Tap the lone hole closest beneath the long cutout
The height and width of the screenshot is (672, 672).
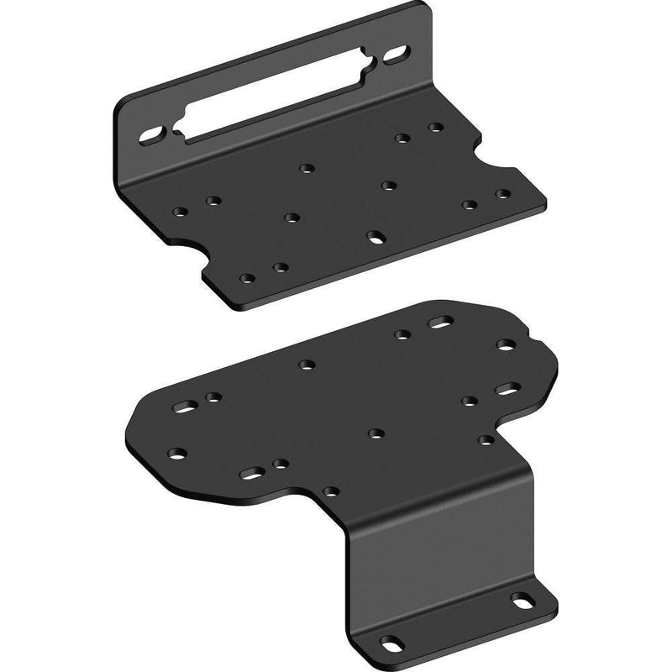(x=307, y=168)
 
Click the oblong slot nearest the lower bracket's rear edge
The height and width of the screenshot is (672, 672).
(x=439, y=323)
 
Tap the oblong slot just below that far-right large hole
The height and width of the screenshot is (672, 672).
(x=507, y=388)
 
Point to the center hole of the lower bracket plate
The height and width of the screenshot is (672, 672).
(x=375, y=433)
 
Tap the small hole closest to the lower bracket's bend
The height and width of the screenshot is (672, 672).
(x=332, y=490)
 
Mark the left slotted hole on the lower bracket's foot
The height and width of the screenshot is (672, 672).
(x=390, y=643)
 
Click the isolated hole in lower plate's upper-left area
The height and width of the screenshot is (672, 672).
(x=306, y=365)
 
